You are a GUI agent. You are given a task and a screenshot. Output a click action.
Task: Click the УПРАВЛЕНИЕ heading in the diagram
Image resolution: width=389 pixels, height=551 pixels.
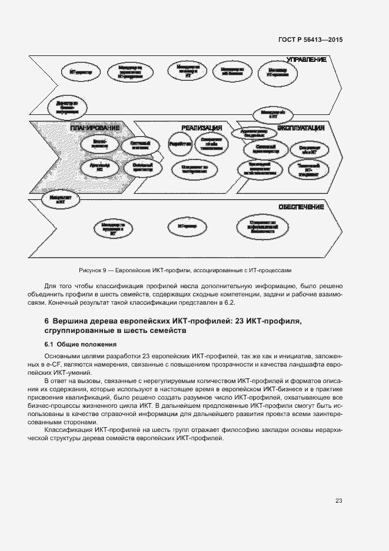tap(306, 60)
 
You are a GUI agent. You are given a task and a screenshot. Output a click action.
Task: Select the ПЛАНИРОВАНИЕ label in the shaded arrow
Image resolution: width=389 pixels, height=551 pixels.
tap(95, 128)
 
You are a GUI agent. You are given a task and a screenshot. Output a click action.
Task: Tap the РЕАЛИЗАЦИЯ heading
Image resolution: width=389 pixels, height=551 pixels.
tap(201, 128)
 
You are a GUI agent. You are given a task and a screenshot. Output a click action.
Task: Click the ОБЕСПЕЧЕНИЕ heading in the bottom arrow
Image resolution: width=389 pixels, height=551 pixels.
tap(301, 207)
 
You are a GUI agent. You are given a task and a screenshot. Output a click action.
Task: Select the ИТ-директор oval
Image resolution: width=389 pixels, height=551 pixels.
tap(81, 72)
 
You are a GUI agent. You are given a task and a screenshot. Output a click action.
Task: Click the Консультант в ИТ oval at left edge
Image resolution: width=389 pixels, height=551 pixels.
tap(59, 199)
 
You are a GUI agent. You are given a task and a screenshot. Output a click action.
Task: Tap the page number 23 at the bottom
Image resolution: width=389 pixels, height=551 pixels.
tap(338, 500)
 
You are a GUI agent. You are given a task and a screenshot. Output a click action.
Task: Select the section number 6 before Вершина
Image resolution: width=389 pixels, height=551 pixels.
tap(46, 321)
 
